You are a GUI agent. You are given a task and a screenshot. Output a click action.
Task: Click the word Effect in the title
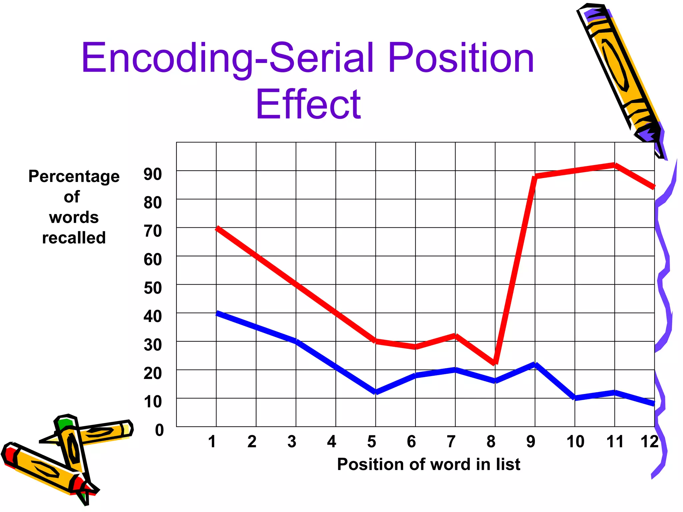[308, 104]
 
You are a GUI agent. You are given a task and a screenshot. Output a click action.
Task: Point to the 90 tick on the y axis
[153, 174]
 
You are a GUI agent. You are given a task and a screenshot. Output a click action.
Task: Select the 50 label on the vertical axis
[153, 288]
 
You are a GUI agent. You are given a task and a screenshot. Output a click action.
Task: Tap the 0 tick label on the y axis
[159, 430]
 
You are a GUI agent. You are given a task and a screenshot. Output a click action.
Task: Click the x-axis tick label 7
[451, 442]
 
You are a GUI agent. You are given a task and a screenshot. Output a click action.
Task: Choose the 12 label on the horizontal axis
[649, 442]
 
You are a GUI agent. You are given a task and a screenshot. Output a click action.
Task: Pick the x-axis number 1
[212, 442]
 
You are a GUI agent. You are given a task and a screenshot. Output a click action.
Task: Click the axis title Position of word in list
[429, 464]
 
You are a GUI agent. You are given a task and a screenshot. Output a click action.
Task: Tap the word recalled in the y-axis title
[74, 238]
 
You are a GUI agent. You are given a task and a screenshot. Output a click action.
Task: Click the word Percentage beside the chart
[74, 176]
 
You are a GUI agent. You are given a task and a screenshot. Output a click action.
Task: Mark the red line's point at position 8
[495, 363]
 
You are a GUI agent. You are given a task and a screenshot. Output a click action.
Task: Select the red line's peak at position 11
[614, 165]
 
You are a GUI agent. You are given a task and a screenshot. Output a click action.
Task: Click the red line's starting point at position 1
[217, 228]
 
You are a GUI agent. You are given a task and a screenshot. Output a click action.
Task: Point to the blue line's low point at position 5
[376, 392]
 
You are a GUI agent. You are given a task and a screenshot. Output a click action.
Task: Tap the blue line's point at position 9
[535, 364]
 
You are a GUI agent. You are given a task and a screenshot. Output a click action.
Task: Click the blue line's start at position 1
[217, 313]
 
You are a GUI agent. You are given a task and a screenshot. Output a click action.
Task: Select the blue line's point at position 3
[296, 341]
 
